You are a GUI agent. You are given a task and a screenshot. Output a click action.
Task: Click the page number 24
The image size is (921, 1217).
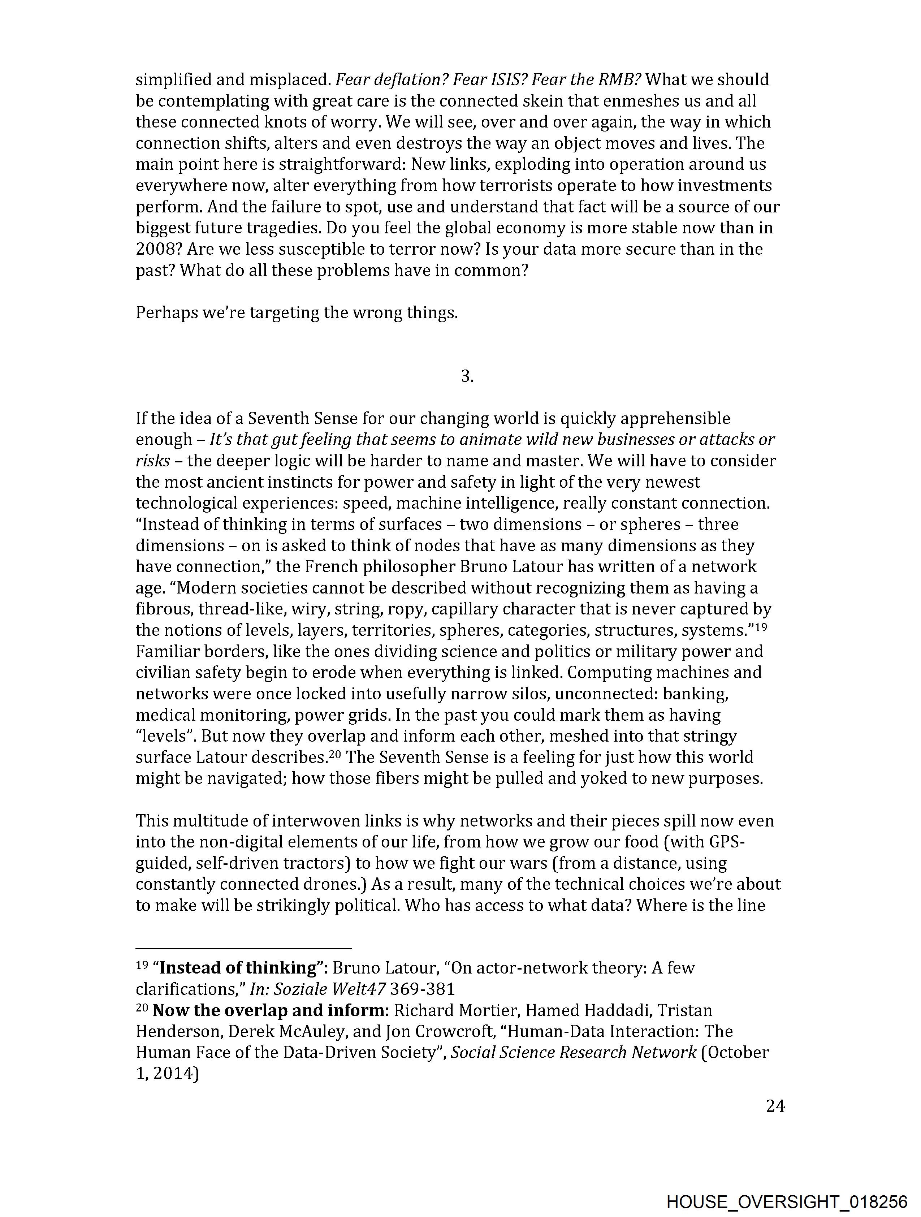[775, 1106]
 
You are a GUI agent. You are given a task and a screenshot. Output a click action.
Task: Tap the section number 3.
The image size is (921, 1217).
[467, 376]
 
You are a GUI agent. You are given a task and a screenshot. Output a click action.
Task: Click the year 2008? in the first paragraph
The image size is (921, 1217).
[159, 249]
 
